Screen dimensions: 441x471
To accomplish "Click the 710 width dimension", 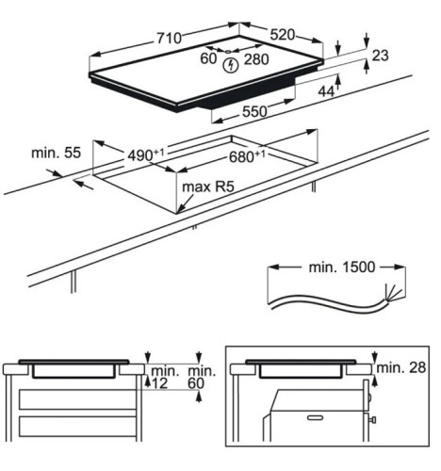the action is point(170,39).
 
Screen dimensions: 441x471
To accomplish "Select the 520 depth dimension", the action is point(283,35).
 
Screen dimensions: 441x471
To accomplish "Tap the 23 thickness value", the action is point(381,56).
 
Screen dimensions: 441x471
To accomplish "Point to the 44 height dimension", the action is point(326,91).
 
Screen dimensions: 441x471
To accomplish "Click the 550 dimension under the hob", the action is point(254,111).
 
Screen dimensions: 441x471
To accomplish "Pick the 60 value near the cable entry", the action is point(208,58).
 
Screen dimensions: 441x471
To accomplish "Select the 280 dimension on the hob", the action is point(256,59).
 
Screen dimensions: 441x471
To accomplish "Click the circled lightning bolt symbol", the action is point(231,66).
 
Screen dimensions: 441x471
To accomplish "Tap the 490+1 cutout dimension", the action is point(146,154).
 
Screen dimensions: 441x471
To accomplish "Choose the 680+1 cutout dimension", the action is point(247,156).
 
